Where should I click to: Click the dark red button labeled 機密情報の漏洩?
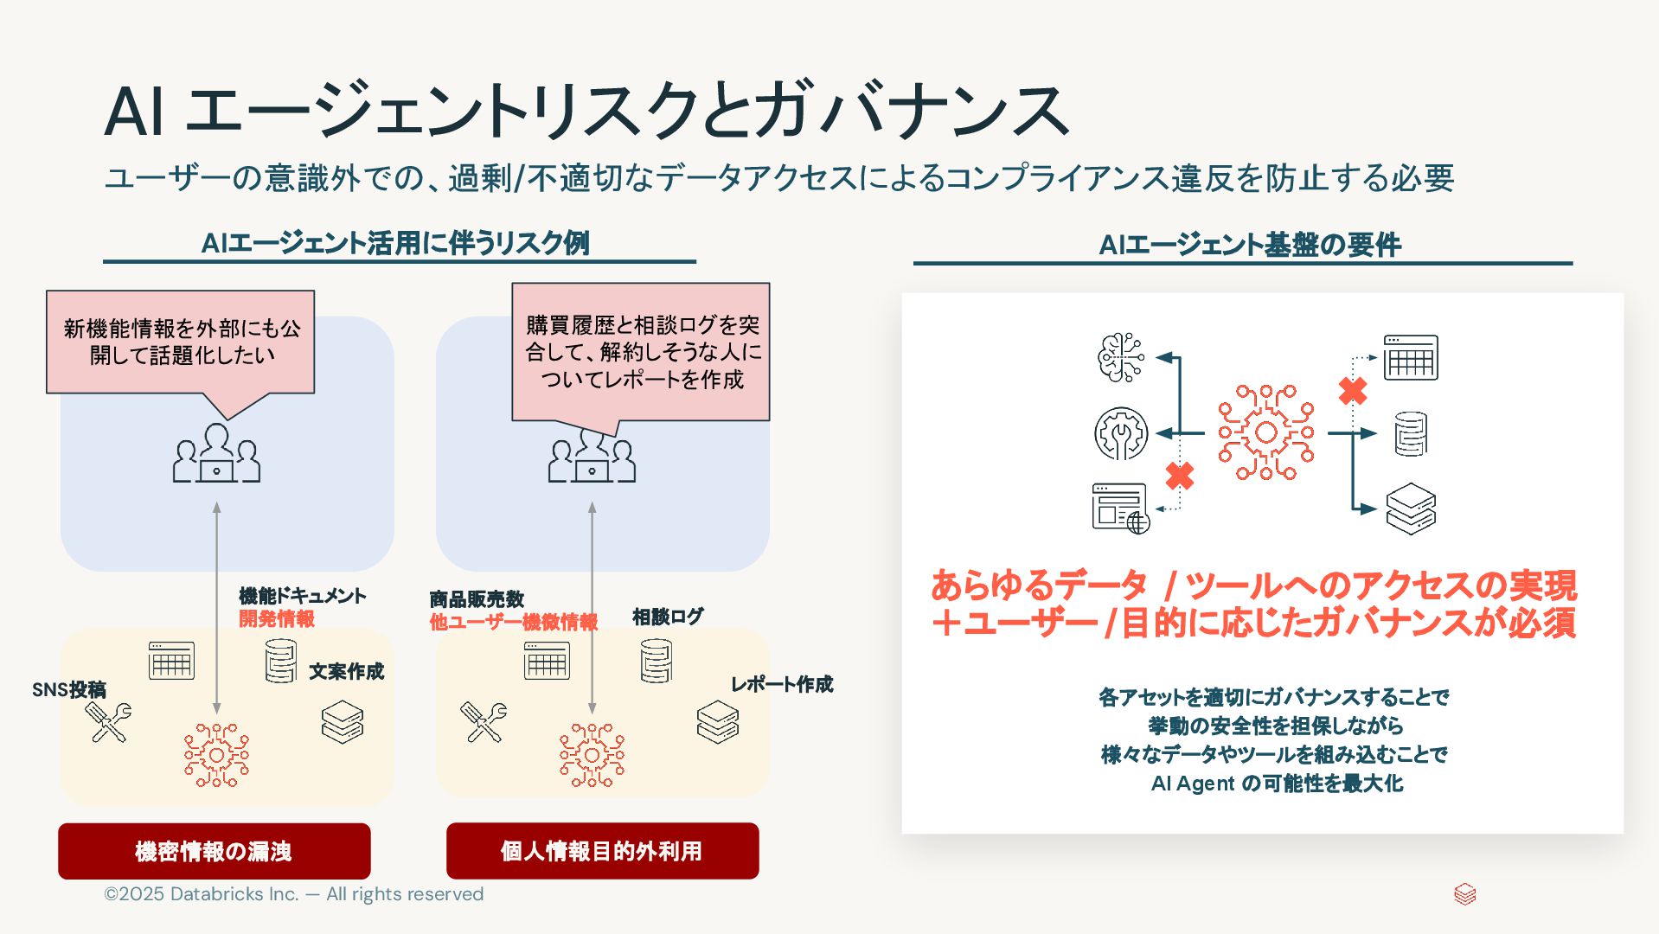214,851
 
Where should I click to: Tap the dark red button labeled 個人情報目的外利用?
602,851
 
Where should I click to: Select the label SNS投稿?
69,689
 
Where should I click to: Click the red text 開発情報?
277,618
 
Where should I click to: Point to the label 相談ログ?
668,617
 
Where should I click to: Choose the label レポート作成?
782,684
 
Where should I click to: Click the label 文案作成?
346,671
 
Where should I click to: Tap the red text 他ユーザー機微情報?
513,622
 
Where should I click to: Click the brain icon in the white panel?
1120,357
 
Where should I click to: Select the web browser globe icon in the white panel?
1120,508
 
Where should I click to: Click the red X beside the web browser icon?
1179,476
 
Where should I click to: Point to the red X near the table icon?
1353,391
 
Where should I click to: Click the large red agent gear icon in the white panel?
1265,432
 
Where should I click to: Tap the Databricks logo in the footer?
1464,893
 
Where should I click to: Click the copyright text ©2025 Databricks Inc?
293,894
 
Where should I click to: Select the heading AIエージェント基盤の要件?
1249,245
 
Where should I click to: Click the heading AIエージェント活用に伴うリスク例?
395,243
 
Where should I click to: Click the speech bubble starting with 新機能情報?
181,342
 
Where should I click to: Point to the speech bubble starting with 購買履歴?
641,352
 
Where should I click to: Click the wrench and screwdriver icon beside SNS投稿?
109,722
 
